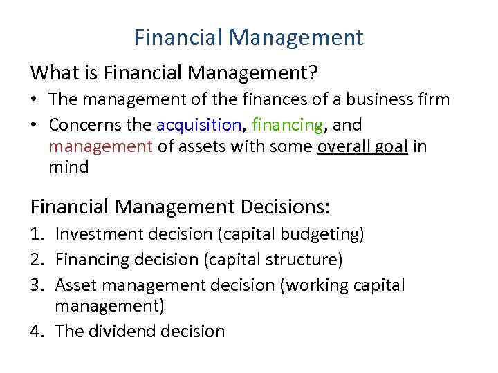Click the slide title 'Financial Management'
[248, 37]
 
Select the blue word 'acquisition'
[199, 125]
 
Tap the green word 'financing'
[287, 125]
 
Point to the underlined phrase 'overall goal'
[362, 146]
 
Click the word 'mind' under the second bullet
[68, 166]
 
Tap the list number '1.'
[38, 235]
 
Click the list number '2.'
[38, 260]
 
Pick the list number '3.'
[38, 285]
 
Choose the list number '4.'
[38, 331]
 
